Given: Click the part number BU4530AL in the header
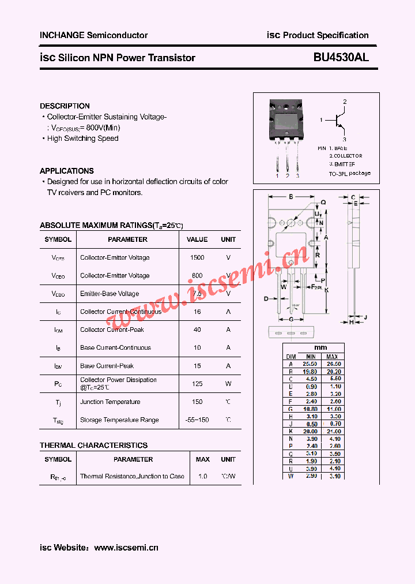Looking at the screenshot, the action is point(341,58).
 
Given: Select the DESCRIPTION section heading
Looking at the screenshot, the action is point(65,106).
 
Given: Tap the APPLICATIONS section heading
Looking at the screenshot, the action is point(67,171).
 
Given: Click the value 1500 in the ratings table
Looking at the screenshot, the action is point(197,258).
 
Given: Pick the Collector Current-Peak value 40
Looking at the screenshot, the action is point(197,330).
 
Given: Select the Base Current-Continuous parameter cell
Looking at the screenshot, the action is point(115,347).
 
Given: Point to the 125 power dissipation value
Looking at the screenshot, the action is point(197,384).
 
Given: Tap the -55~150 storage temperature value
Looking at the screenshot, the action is point(197,420).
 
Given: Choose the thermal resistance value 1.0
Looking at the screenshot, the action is point(202,477).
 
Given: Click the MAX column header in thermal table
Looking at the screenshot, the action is point(202,459).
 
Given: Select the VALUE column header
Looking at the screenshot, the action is point(197,239).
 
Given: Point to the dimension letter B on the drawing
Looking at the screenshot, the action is point(292,197).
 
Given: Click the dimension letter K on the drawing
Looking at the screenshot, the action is point(326,290).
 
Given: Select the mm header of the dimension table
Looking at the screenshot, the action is point(320,348).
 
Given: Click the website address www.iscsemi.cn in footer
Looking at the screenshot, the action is point(126,548).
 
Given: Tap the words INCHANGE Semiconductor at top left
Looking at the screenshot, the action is point(93,35).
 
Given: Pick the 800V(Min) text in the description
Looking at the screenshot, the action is point(103,128).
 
